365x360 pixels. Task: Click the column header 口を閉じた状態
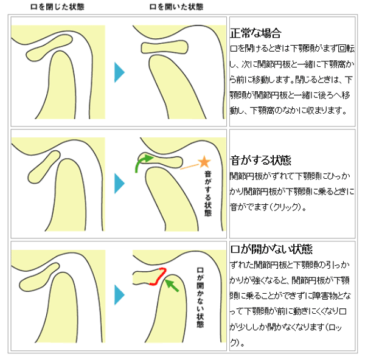coord(57,7)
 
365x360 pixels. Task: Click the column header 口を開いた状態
coord(176,7)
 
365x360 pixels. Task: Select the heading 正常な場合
coord(255,33)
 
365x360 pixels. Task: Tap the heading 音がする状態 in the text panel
coord(260,161)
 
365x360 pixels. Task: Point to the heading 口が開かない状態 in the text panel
coord(271,249)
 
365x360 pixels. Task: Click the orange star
coord(204,162)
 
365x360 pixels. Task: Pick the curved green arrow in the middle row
coord(144,162)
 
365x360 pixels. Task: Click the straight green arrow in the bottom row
coord(172,285)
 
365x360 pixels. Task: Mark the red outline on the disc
coord(159,277)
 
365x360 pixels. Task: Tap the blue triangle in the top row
coord(119,72)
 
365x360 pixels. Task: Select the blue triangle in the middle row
coord(119,184)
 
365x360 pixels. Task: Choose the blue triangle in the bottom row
coord(119,294)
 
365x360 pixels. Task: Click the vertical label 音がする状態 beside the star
coord(208,193)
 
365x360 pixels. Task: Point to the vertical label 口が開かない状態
coord(200,297)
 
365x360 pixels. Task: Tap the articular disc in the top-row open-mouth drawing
coord(165,47)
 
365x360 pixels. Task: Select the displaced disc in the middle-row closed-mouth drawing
coord(44,167)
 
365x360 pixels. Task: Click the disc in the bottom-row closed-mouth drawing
coord(39,277)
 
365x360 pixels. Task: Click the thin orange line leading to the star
coord(189,167)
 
